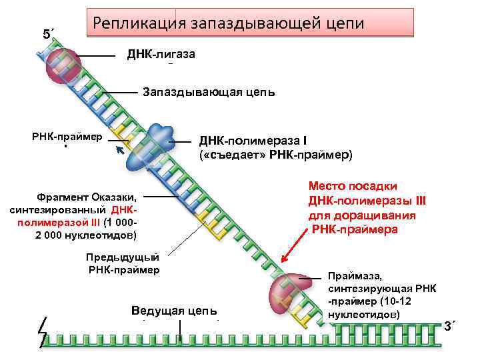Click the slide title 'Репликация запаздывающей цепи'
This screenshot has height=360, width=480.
[229, 23]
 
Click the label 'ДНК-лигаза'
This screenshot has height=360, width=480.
[161, 54]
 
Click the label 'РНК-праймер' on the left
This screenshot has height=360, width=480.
[67, 137]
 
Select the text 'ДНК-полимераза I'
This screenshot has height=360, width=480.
[253, 141]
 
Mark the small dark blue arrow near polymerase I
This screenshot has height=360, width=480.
[120, 152]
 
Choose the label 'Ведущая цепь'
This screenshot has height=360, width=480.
[175, 311]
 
